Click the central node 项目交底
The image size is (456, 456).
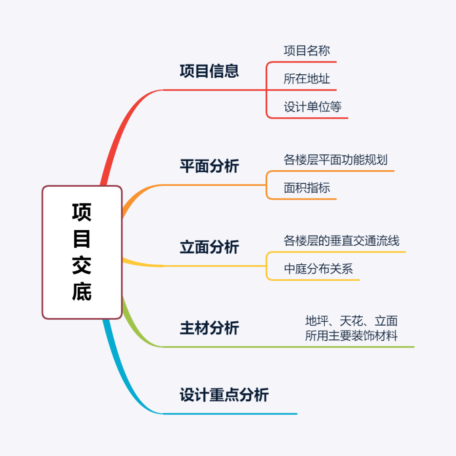(x=82, y=252)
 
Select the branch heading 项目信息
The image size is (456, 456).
(x=209, y=71)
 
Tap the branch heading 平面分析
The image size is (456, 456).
(x=209, y=166)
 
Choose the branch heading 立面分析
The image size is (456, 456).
(x=209, y=247)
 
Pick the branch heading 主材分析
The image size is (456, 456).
(x=209, y=328)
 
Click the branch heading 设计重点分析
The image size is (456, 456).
(x=224, y=395)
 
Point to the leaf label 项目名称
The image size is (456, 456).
(x=307, y=51)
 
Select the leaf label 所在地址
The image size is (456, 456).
(x=307, y=79)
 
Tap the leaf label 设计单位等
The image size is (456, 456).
(x=312, y=107)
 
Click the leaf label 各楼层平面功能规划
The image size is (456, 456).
(x=335, y=160)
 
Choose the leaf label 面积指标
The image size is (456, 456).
(x=307, y=188)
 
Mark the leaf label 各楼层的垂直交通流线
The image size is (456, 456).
(x=341, y=241)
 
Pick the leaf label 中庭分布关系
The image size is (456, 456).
(x=318, y=269)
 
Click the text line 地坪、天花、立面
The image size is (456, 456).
(x=351, y=321)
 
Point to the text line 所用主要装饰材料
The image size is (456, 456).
(x=351, y=336)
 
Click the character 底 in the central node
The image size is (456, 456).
(x=81, y=292)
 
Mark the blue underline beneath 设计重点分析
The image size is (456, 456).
(x=230, y=414)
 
